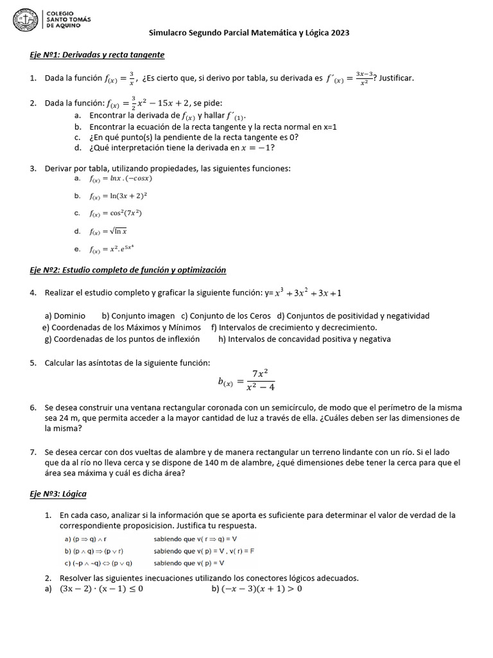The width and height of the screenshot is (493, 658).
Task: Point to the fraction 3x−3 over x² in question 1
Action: [x=364, y=78]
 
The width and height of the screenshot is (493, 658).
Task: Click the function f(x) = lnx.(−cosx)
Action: [x=121, y=179]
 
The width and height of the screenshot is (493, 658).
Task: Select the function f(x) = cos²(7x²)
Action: [x=116, y=213]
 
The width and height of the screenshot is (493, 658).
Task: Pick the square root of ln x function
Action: [x=108, y=231]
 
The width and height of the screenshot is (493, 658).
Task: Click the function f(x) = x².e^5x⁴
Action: [x=112, y=249]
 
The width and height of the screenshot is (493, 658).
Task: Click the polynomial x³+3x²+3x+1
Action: [x=308, y=293]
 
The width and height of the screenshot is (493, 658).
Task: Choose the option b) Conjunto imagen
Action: [x=138, y=316]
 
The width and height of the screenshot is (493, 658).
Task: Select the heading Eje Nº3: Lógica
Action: [x=58, y=493]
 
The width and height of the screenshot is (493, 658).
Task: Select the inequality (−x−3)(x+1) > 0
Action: [x=262, y=589]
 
